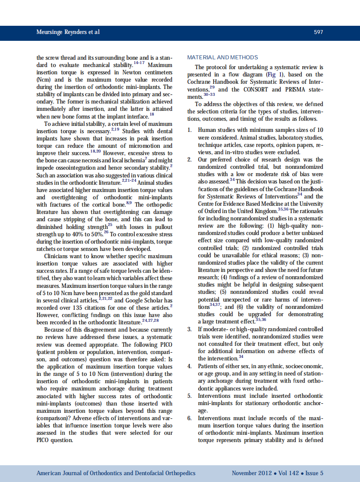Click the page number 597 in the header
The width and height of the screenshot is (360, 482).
318,32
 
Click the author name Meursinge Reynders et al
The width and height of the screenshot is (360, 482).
68,32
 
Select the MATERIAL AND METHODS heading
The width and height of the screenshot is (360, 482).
223,58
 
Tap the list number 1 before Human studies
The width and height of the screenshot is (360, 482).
189,130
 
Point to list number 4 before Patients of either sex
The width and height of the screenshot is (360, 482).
189,366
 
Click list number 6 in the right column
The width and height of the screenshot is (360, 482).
189,418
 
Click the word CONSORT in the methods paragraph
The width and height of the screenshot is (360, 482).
257,90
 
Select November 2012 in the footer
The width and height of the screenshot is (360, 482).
252,473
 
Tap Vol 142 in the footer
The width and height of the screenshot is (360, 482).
288,473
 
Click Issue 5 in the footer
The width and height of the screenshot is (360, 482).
314,473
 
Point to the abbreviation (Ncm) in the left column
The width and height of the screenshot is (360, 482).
44,80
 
